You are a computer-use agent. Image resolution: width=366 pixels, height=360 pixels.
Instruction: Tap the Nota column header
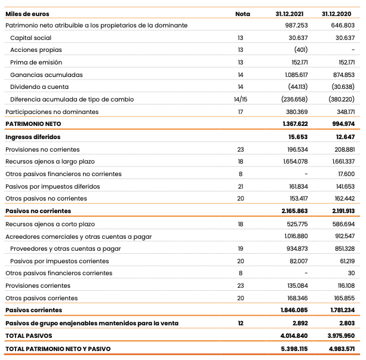coord(242,13)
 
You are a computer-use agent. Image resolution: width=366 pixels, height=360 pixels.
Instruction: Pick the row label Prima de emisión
coord(36,63)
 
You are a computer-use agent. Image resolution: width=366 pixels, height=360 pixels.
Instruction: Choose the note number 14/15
coord(241,100)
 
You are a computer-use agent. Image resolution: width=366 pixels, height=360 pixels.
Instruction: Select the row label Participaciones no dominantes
coord(52,112)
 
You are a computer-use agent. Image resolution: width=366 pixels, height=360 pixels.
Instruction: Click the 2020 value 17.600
coord(346,174)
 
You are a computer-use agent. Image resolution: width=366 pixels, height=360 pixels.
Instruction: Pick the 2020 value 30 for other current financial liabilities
coord(351,273)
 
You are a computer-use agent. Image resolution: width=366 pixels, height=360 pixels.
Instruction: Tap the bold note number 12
coord(241,323)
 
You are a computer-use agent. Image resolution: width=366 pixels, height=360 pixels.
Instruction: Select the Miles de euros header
coord(27,13)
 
